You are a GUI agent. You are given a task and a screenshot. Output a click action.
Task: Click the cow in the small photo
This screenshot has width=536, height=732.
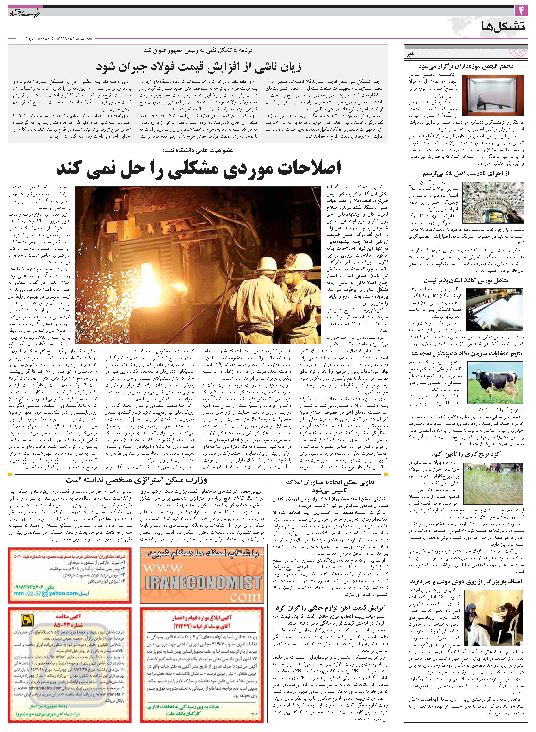(x=495, y=377)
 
